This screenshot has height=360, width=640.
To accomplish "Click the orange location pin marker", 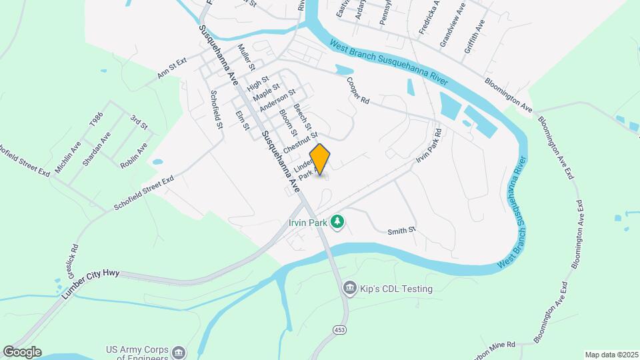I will (x=320, y=159).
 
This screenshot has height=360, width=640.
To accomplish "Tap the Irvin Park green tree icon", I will (x=338, y=221).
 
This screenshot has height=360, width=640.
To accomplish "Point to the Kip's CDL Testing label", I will (x=397, y=289).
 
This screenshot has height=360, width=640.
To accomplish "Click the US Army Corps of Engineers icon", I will (x=179, y=352).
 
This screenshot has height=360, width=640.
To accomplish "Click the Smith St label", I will (x=402, y=230).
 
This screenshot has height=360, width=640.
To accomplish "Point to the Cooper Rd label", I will (x=358, y=91).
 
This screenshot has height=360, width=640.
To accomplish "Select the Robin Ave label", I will (x=134, y=156).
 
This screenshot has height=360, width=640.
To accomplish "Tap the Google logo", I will (x=22, y=352).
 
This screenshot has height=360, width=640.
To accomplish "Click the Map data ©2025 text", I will (x=611, y=355).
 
